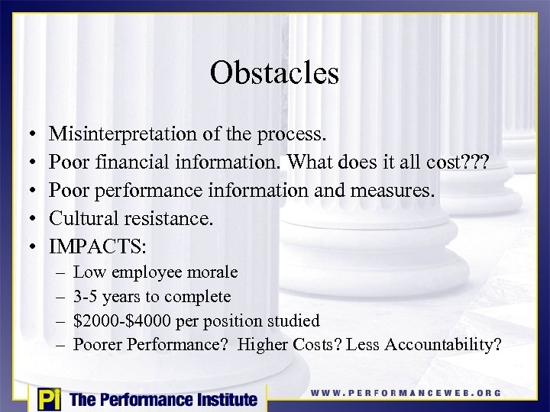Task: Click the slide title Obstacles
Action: point(274,73)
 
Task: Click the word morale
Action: point(212,272)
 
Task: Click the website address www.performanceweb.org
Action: point(406,393)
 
